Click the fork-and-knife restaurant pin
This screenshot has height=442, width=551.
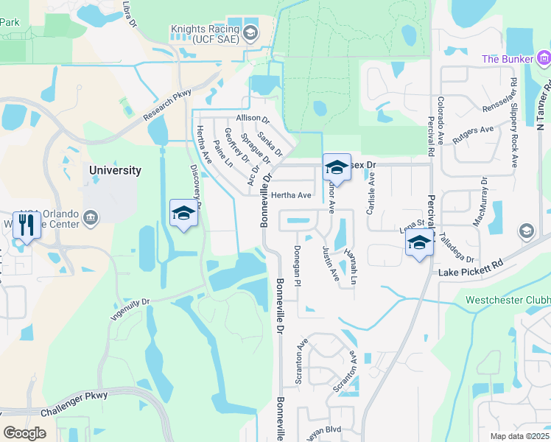pyautogui.click(x=28, y=225)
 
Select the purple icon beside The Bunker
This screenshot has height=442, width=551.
pyautogui.click(x=544, y=58)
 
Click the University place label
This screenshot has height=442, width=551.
pyautogui.click(x=115, y=170)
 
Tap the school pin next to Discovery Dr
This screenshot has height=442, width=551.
pyautogui.click(x=183, y=214)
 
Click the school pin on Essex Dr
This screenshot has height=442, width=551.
pyautogui.click(x=336, y=167)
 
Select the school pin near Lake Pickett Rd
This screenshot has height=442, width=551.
pyautogui.click(x=419, y=243)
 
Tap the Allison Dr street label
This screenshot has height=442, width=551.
pyautogui.click(x=253, y=119)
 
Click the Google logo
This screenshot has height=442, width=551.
pyautogui.click(x=25, y=432)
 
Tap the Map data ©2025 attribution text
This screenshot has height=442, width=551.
pyautogui.click(x=519, y=436)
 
